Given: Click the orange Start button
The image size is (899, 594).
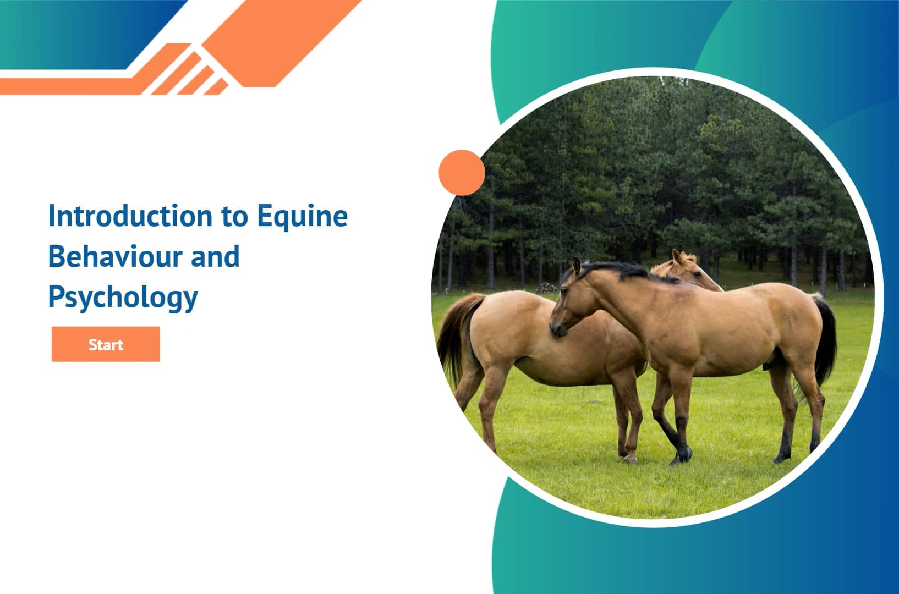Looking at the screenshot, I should (106, 344).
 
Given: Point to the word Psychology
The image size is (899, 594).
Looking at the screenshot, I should (123, 298).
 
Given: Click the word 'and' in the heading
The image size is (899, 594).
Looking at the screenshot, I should (215, 256).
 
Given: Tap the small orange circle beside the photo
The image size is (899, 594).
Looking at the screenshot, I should (462, 173).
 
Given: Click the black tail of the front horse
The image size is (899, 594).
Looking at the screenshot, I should (825, 341).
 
